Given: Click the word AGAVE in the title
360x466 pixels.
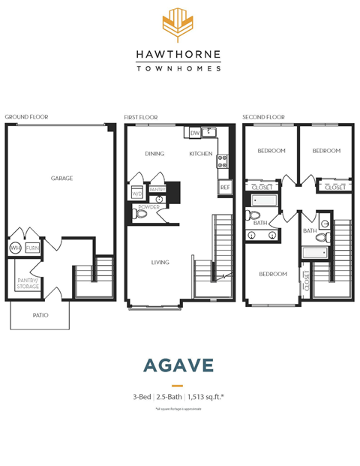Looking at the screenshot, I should point(178,365).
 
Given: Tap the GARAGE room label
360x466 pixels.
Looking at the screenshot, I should point(61,179).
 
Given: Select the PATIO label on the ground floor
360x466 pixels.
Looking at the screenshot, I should point(40,315).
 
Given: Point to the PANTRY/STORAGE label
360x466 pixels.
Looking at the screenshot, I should point(28,283).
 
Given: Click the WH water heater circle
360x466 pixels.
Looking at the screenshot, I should point(16,248).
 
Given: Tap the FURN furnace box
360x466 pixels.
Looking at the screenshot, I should point(32,248).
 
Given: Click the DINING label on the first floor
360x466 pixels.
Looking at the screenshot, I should point(154,154).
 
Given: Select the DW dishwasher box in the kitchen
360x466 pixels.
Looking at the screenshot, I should point(194,134).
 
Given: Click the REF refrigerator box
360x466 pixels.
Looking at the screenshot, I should point(224,188).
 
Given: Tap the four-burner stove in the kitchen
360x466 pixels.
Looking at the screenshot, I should point(222,160).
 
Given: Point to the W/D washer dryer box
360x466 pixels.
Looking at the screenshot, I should point(137,193).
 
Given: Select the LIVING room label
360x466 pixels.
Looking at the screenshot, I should point(160,263).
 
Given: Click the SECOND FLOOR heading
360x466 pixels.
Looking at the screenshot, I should point(264,117).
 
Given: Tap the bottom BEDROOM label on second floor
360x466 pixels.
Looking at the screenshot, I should point(272,274).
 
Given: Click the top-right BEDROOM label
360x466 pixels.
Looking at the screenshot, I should point(326,151).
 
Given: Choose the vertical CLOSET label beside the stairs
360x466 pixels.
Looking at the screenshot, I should point(306,281).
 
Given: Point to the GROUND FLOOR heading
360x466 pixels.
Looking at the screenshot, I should point(26,117).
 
